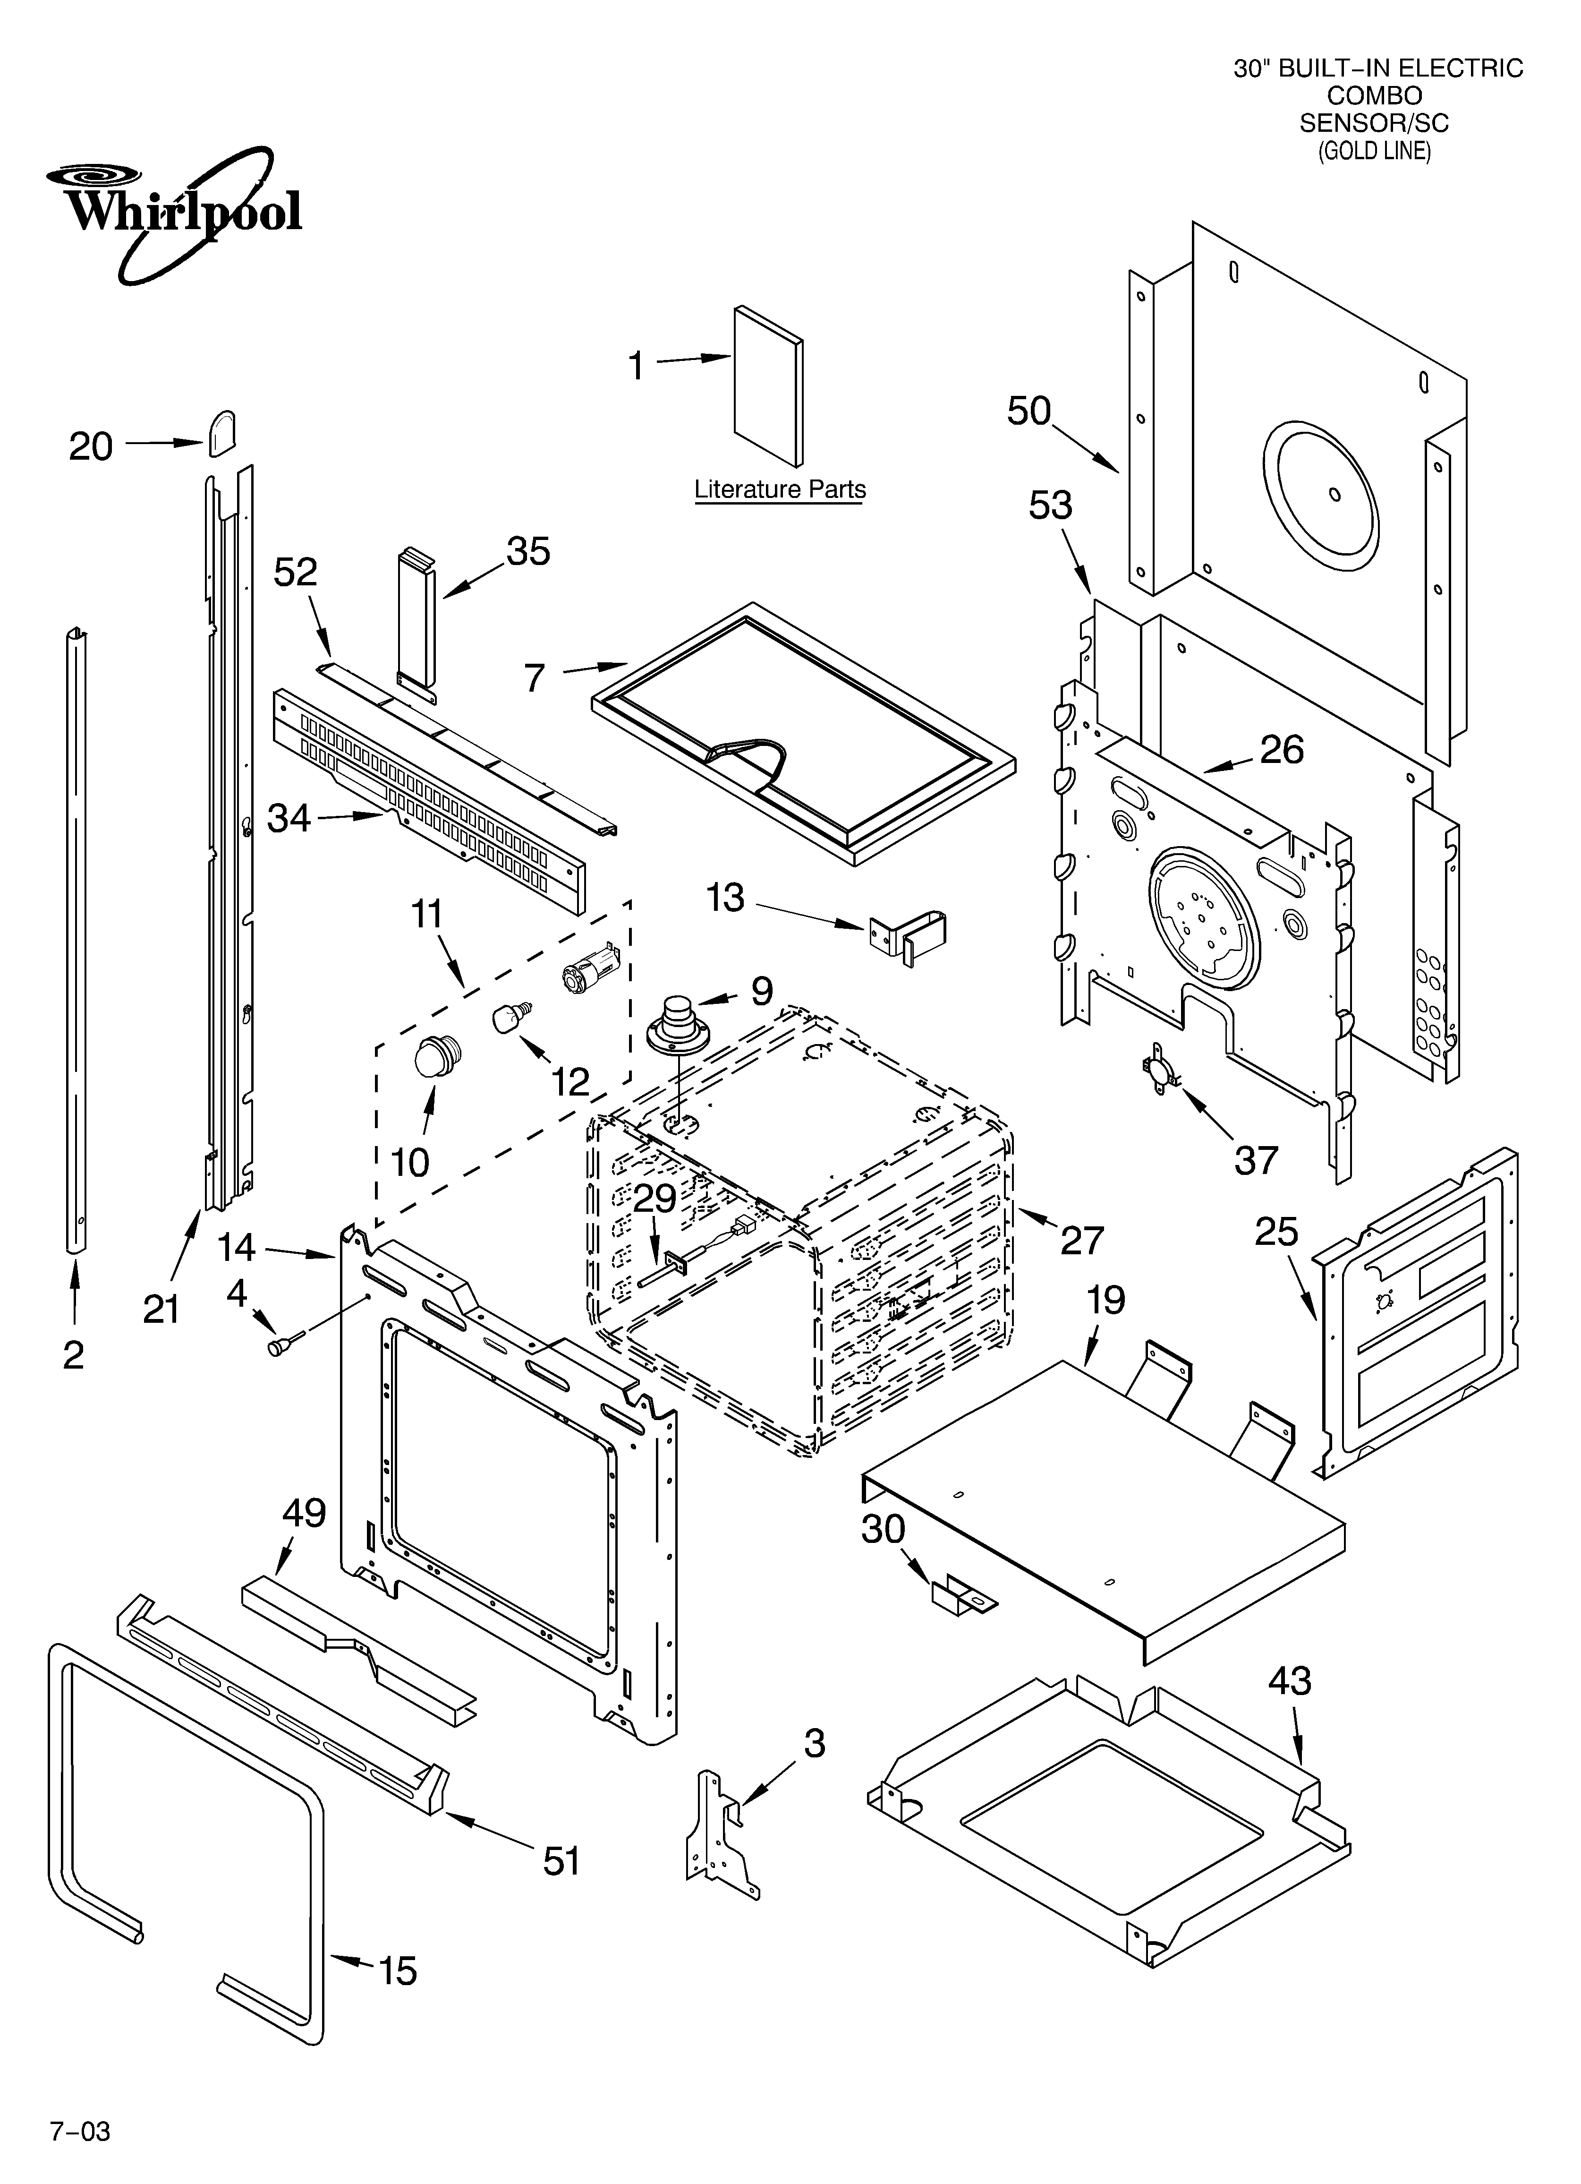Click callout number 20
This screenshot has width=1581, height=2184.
(x=92, y=447)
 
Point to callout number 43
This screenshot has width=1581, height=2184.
(x=1289, y=1681)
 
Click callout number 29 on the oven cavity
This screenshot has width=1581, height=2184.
(x=655, y=1199)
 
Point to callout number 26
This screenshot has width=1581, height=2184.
(x=1282, y=749)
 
